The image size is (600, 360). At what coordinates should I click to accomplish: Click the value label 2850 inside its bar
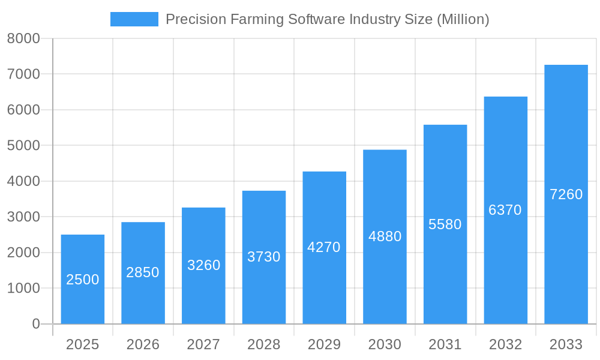[x=143, y=272]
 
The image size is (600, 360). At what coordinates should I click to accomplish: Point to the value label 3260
[x=204, y=265]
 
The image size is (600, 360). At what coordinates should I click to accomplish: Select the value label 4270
[x=324, y=247]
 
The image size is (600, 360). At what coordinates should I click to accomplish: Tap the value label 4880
[x=385, y=236]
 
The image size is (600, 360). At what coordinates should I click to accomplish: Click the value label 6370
[x=505, y=210]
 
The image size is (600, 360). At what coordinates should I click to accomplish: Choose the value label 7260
[x=566, y=194]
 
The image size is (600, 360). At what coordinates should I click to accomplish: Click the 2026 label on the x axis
[x=143, y=344]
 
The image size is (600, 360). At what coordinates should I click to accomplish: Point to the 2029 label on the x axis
[x=324, y=344]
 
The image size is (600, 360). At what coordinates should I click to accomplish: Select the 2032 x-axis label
[x=505, y=344]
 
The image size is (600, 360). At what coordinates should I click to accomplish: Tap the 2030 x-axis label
[x=385, y=344]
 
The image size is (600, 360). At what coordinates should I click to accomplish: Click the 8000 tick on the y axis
[x=23, y=39]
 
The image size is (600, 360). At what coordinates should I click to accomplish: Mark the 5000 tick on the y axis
[x=23, y=146]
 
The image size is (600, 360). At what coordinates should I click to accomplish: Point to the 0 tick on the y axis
[x=35, y=324]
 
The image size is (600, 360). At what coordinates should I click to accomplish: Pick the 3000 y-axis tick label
[x=23, y=217]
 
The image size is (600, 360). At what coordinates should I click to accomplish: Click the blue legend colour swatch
[x=134, y=19]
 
